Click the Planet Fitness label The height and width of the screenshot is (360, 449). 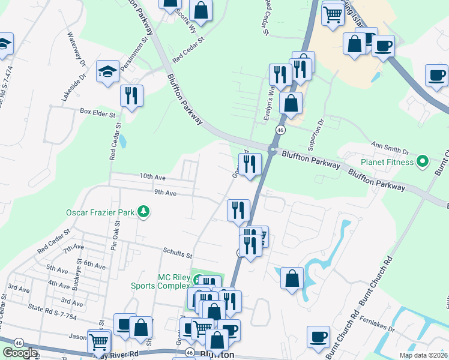[x=387, y=162]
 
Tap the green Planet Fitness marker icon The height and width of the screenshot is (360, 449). [x=422, y=161]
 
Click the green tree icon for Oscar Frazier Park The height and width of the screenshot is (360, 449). [x=143, y=211]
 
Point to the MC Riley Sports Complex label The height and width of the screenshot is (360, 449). [x=160, y=281]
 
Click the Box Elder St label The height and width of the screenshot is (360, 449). [x=97, y=111]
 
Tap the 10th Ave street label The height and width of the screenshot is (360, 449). [x=152, y=177]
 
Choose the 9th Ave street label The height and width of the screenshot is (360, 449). [x=164, y=193]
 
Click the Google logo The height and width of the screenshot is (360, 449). [x=20, y=353]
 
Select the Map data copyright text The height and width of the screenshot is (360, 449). [x=424, y=355]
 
